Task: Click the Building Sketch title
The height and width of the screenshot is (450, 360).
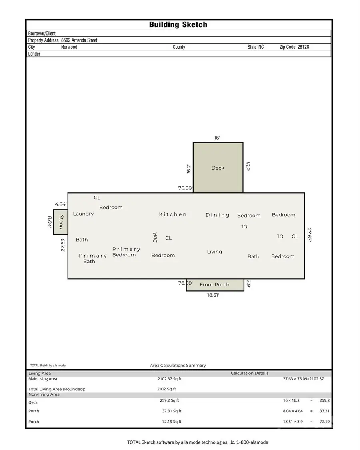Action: (178, 25)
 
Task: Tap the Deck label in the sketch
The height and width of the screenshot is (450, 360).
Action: (218, 168)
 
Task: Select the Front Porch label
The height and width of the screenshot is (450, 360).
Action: (214, 285)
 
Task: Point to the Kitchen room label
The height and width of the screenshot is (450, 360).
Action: (173, 214)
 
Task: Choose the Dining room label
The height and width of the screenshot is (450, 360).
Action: (218, 215)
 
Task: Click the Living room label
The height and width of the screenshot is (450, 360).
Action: (214, 252)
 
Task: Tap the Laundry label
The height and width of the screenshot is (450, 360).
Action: (83, 214)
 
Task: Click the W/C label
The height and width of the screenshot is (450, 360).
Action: (154, 238)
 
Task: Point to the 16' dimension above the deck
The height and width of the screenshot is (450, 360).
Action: (217, 138)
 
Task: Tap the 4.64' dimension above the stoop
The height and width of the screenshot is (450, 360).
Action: (60, 204)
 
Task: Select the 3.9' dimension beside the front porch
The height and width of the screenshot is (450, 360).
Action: (248, 284)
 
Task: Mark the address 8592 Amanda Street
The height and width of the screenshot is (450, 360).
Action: (79, 40)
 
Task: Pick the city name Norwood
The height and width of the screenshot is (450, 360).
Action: (69, 47)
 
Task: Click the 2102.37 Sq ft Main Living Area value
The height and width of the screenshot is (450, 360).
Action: (169, 379)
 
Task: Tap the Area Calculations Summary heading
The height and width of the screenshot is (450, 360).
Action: (178, 365)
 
